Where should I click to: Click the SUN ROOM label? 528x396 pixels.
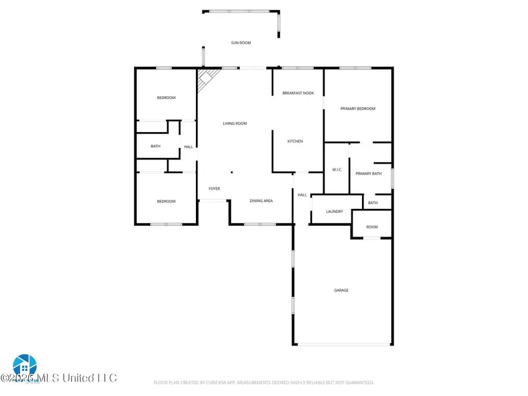coord(241,43)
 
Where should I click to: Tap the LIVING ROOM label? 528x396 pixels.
coord(235,124)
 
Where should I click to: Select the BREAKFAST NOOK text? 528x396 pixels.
coord(298,93)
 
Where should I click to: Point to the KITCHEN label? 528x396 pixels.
coord(295,141)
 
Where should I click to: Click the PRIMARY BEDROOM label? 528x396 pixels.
coord(358,109)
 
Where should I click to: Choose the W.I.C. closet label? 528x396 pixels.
coord(337,170)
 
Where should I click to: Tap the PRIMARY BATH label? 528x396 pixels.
coord(369,174)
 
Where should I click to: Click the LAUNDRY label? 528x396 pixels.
coord(334,212)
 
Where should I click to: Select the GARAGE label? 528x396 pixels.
coord(341,290)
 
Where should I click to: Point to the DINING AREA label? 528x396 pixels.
coord(261,201)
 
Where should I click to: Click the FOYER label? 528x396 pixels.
coord(214,188)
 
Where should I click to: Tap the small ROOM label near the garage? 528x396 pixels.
coord(372,227)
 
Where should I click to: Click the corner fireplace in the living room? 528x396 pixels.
coord(205,79)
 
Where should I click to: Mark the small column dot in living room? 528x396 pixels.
coord(232,172)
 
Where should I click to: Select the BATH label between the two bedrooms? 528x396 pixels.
coord(155,146)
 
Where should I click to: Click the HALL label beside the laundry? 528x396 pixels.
coord(302,195)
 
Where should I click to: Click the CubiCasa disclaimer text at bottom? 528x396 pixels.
coord(264,383)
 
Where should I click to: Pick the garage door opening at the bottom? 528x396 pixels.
coord(342,344)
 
